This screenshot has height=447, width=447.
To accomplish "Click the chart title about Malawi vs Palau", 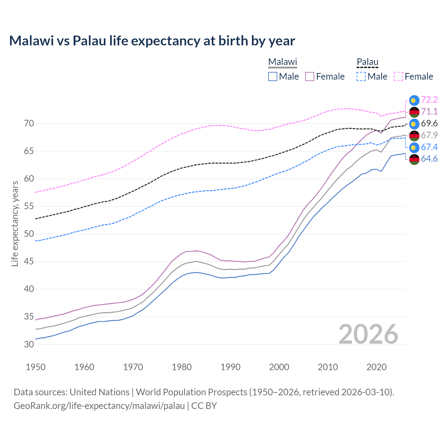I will click(x=152, y=41).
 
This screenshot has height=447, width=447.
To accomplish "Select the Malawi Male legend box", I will click(x=273, y=76).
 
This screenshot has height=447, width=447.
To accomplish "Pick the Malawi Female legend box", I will click(x=310, y=76).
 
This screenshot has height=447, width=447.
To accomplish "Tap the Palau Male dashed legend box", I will click(x=361, y=76).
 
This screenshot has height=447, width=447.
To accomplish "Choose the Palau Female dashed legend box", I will click(x=398, y=76).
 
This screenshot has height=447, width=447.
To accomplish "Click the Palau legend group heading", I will click(x=367, y=62).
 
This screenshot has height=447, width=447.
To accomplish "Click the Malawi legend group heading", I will click(x=283, y=62).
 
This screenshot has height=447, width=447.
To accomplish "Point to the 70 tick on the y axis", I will click(x=29, y=124).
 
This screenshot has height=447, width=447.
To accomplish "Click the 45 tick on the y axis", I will click(x=29, y=262).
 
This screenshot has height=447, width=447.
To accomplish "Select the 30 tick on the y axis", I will click(x=29, y=344).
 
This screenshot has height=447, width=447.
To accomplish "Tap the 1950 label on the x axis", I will click(x=36, y=367).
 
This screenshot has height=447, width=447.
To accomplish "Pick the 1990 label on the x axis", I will click(x=230, y=367).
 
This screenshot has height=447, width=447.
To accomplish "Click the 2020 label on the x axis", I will click(x=376, y=367).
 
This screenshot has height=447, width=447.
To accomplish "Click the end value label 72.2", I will click(x=429, y=100).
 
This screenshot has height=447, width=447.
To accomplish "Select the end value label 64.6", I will click(x=429, y=159).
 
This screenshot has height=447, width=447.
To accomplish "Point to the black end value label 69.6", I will click(x=429, y=124).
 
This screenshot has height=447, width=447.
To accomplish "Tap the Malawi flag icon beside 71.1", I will click(x=414, y=112).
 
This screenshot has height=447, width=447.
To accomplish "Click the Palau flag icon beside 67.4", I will click(x=414, y=147).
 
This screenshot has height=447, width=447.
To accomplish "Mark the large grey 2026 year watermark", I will click(x=368, y=334).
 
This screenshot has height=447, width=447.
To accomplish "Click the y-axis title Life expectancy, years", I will click(x=15, y=223).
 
